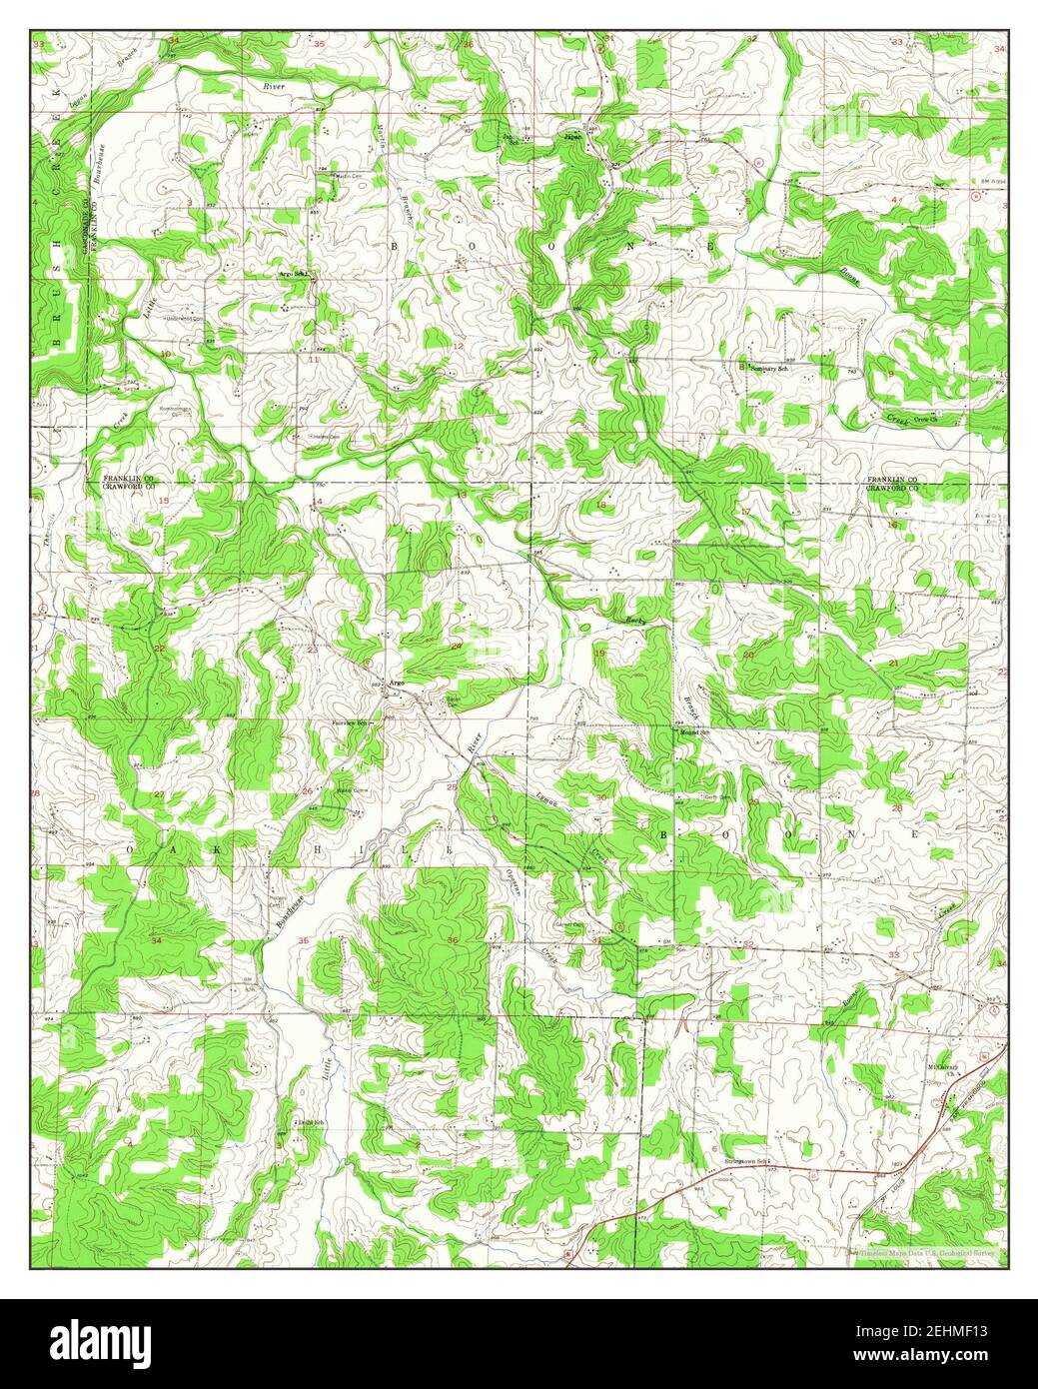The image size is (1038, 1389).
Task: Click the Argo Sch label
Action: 296,273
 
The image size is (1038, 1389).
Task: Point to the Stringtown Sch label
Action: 744,1161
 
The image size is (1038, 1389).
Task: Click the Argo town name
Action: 397,683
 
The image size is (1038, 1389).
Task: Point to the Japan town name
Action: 572,137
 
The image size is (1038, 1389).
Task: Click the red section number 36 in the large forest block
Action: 454,940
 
